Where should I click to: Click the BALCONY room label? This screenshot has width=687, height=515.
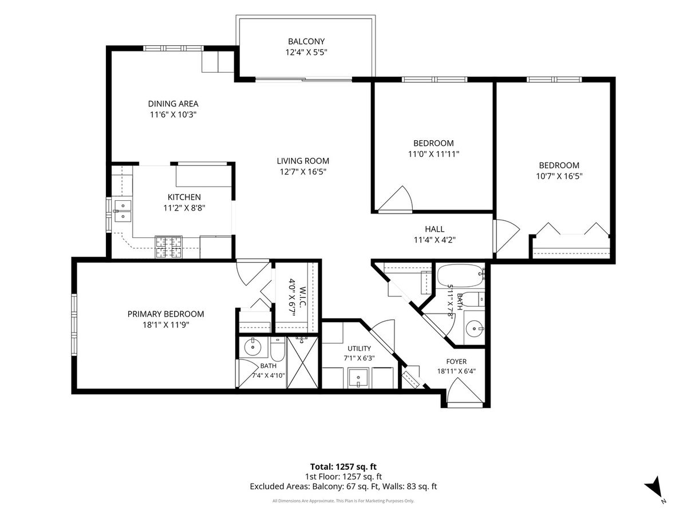pyautogui.click(x=306, y=41)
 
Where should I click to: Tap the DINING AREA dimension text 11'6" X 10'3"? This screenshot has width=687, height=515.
pyautogui.click(x=173, y=114)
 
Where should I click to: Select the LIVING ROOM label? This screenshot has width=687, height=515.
pyautogui.click(x=303, y=161)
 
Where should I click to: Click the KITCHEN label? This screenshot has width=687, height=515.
pyautogui.click(x=184, y=197)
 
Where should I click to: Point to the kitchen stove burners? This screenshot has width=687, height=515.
pyautogui.click(x=169, y=247)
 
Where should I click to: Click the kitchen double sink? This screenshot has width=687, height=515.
pyautogui.click(x=123, y=211)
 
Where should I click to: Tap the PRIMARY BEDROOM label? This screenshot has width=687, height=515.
pyautogui.click(x=166, y=314)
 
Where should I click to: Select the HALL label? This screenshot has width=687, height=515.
pyautogui.click(x=435, y=229)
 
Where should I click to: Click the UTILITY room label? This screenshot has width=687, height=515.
pyautogui.click(x=360, y=348)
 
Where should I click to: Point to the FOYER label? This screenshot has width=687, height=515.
pyautogui.click(x=456, y=362)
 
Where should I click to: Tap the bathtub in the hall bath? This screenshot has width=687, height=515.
pyautogui.click(x=461, y=276)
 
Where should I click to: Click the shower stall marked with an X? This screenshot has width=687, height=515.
pyautogui.click(x=303, y=362)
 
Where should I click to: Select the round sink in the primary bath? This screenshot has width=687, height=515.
pyautogui.click(x=252, y=347)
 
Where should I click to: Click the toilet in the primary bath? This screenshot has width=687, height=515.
pyautogui.click(x=277, y=349)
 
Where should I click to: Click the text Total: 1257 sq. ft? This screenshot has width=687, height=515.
pyautogui.click(x=343, y=467)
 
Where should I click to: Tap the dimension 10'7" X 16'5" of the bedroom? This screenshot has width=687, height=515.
pyautogui.click(x=559, y=176)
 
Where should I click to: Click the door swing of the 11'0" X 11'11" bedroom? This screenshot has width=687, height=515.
pyautogui.click(x=396, y=199)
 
